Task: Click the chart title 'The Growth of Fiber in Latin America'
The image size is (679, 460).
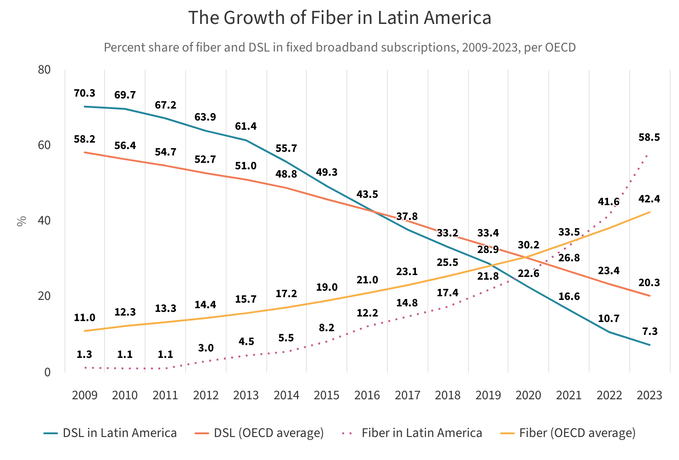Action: coord(339,18)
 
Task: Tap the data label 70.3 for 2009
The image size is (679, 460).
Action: coord(84,93)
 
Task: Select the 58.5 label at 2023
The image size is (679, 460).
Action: coord(649,138)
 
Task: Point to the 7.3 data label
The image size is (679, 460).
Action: coord(649,332)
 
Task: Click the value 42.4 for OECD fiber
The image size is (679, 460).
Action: coord(649,199)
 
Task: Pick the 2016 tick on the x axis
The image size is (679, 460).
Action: coord(367,395)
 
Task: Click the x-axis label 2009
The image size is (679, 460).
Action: coord(84,395)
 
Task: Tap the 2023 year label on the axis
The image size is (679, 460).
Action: coord(649,395)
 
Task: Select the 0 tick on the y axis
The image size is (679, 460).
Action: coord(47,372)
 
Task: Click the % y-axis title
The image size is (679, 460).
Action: coord(21,221)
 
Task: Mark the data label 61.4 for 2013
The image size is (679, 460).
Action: coord(246,126)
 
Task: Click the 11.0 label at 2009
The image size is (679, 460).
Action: coord(84,318)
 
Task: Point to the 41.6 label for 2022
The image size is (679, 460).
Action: coord(609,202)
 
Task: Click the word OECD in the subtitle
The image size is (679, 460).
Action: coord(561,47)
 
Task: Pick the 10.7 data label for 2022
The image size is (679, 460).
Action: coord(609,319)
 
